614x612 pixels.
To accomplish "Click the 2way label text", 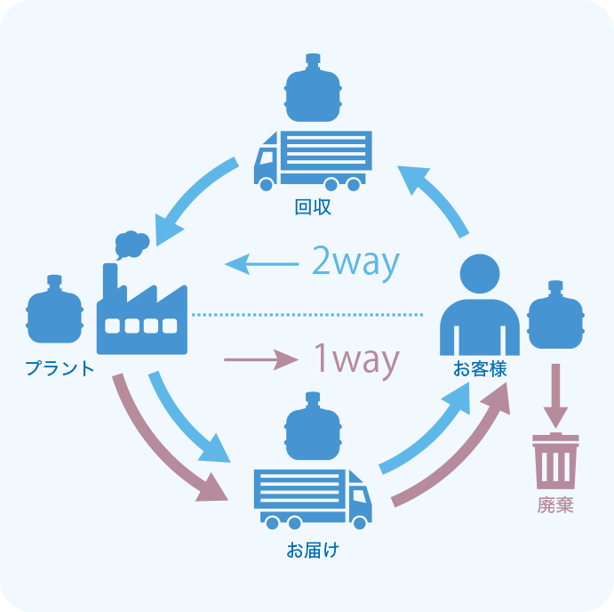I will tap(355, 262).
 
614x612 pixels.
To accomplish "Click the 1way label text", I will tap(355, 359).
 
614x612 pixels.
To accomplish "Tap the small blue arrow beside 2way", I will tap(261, 264).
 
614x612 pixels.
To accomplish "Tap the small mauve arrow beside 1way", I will tap(260, 360).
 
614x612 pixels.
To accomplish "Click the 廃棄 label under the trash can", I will tap(555, 505).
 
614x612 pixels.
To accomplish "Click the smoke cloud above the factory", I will tap(132, 243).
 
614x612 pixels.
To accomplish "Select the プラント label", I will tap(59, 367).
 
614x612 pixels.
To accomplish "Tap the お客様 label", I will tap(480, 367).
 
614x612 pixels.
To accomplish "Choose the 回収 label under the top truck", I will tap(313, 207).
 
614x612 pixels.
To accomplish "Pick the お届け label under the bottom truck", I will tap(313, 550).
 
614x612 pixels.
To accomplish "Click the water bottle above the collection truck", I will tap(313, 89).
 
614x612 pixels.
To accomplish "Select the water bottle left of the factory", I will tap(54, 312).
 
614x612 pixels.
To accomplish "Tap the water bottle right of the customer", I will tap(556, 317).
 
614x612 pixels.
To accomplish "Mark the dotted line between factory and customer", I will tap(307, 314).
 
